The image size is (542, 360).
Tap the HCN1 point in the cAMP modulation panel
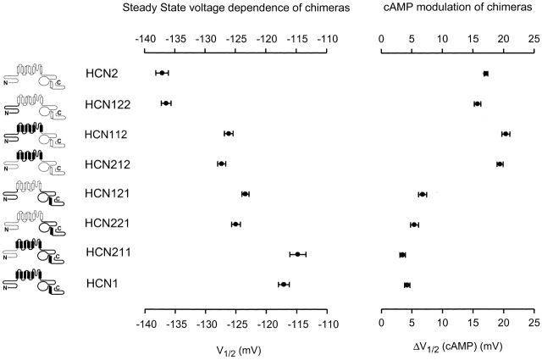coord(407,285)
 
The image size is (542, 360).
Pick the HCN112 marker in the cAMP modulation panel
coord(506,134)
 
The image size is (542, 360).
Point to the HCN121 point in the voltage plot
coord(246,194)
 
